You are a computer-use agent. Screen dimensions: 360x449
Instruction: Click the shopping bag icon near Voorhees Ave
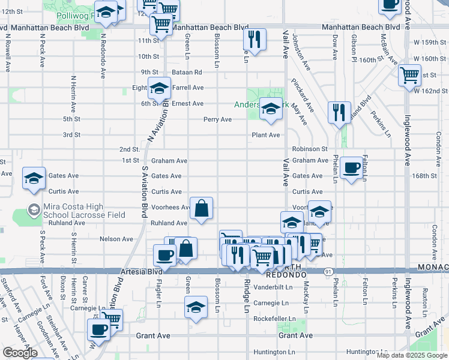click(202, 208)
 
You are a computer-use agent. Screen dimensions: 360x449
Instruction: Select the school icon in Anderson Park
click(271, 109)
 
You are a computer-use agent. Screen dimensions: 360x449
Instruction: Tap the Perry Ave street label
click(217, 119)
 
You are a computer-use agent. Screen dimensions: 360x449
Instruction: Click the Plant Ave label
click(266, 135)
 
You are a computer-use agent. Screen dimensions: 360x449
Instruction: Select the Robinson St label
click(310, 149)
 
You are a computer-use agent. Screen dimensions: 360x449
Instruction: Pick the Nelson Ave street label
click(116, 239)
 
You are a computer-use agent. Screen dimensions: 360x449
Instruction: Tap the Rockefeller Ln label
click(275, 319)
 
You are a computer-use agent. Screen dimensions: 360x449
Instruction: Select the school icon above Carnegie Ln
click(196, 307)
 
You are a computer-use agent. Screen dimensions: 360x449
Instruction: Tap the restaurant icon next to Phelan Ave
click(339, 112)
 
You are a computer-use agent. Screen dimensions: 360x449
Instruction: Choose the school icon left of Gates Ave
click(34, 178)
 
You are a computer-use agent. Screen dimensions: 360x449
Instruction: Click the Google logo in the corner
click(19, 353)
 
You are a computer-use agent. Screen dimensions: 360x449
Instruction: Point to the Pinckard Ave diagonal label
click(302, 95)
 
